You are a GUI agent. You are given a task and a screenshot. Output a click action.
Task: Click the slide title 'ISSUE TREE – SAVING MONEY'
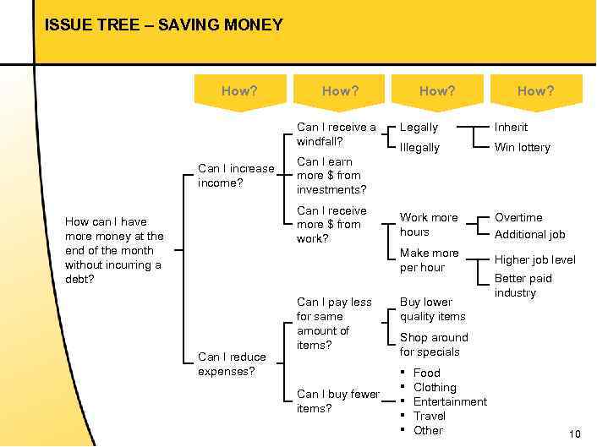click(x=164, y=25)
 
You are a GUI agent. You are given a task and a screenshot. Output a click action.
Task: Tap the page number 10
click(x=575, y=434)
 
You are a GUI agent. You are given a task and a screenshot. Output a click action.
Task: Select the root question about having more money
click(x=114, y=250)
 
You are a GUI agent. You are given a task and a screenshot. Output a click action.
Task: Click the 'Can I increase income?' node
click(x=236, y=175)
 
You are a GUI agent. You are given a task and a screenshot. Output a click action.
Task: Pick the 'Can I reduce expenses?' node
click(x=232, y=363)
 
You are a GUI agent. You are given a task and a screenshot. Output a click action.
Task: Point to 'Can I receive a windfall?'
click(x=336, y=134)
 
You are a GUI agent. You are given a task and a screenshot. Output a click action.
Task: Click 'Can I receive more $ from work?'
click(x=331, y=224)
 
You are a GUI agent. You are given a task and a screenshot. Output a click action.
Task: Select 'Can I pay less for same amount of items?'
click(x=334, y=323)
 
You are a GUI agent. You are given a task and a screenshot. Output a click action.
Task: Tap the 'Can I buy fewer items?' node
click(x=337, y=401)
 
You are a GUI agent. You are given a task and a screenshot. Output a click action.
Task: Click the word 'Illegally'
click(x=419, y=148)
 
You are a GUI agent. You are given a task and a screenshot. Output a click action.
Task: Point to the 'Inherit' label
click(x=511, y=128)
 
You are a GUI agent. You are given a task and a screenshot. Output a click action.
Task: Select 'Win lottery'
click(x=522, y=148)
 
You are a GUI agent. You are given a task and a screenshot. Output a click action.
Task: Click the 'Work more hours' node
click(x=429, y=224)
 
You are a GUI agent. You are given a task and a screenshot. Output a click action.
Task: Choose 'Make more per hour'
click(x=430, y=259)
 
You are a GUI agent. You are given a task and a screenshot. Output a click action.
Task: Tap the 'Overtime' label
click(x=518, y=217)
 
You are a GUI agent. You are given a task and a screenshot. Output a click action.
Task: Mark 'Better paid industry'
click(x=523, y=285)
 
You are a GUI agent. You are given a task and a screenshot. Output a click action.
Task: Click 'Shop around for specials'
click(x=433, y=344)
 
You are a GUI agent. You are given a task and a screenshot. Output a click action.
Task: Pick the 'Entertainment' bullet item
click(x=450, y=401)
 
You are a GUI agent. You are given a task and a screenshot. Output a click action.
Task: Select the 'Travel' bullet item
click(x=429, y=416)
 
